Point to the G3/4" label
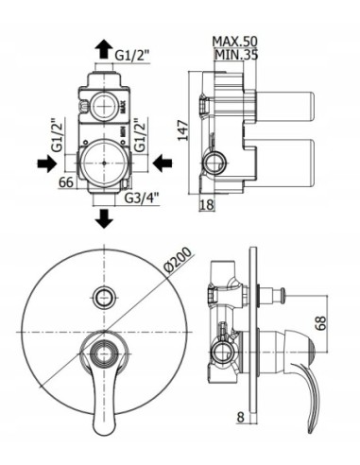tap(143, 199)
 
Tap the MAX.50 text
tap(235, 43)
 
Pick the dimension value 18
tap(207, 205)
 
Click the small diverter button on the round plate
tap(104, 298)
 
